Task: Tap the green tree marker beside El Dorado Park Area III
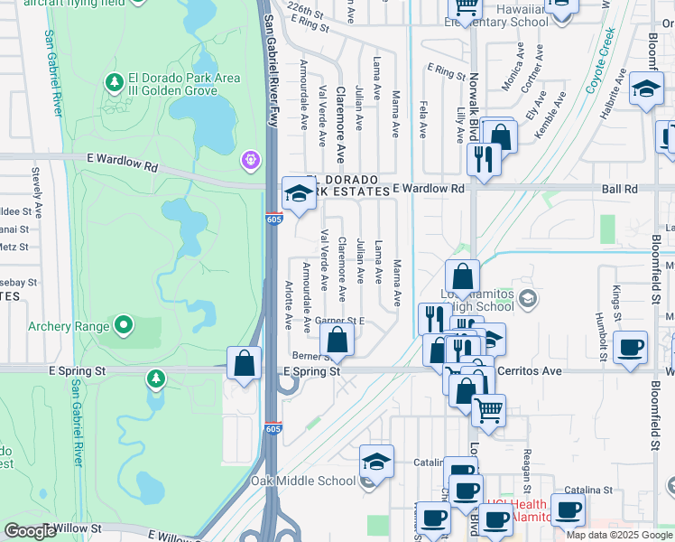point(115,84)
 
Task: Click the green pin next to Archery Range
point(124,325)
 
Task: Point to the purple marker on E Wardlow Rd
point(250,160)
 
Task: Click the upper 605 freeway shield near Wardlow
point(273,219)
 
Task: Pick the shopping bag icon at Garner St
point(337,341)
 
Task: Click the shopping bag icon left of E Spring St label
point(244,363)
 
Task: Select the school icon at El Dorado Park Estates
point(299,192)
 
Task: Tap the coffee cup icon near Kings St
point(629,348)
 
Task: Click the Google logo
point(30,531)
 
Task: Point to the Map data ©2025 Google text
point(619,535)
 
